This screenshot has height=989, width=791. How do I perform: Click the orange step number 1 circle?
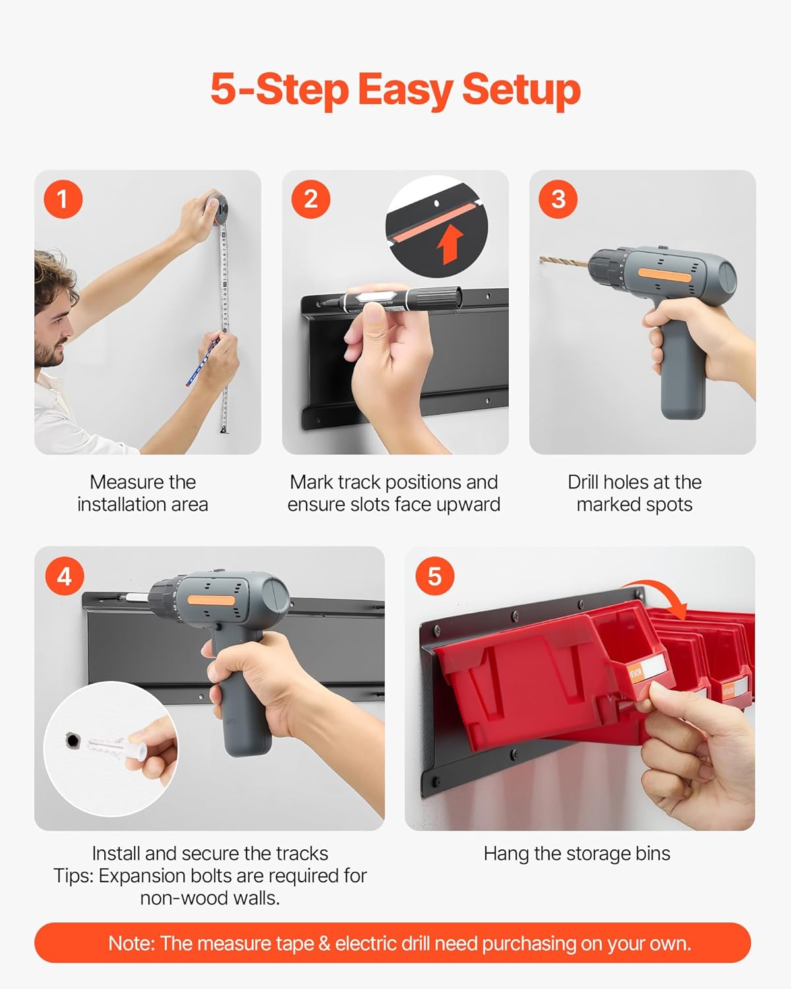63,200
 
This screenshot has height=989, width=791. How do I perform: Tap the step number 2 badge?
310,200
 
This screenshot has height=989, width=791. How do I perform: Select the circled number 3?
558,200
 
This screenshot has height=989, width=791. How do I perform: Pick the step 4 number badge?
65,576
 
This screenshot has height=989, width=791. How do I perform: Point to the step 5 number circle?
435,576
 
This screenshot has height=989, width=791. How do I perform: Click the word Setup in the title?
521,90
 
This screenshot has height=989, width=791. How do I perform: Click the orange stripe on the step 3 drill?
664,276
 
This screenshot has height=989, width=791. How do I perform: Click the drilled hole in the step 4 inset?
72,740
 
